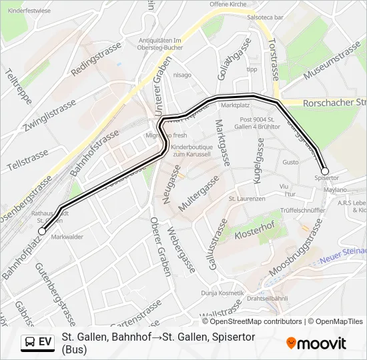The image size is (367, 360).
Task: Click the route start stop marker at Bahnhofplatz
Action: pos(43,231)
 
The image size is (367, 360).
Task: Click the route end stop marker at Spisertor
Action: pos(325,171)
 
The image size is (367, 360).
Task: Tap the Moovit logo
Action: pos(316,343)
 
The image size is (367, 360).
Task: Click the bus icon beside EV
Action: pos(29,342)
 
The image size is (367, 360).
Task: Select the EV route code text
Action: pos(45,342)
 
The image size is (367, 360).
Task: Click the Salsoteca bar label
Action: pos(266,17)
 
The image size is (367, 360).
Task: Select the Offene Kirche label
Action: pos(228,4)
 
